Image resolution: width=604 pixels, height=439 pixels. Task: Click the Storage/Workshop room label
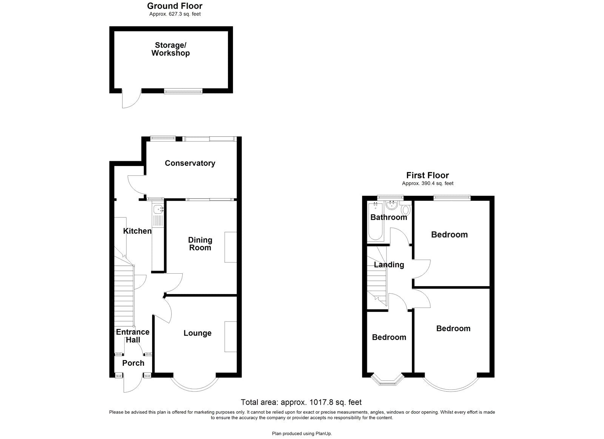coord(170,49)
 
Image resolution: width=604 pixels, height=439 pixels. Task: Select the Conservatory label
coord(190,163)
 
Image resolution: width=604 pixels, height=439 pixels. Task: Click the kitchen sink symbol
coord(158,209)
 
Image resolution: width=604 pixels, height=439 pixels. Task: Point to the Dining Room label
coord(200,244)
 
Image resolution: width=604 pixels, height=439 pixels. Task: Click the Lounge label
coord(197,333)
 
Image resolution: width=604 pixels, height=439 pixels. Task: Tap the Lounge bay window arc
coord(194,387)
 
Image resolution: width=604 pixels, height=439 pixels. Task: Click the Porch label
coord(133,363)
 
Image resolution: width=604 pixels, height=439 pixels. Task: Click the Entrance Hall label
coord(133,336)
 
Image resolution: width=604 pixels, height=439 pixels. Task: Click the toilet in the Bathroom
coord(406,209)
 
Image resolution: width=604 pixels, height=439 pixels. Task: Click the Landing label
coord(389,265)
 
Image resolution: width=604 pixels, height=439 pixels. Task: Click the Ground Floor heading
coord(174,6)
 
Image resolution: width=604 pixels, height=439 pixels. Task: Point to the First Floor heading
coord(427,175)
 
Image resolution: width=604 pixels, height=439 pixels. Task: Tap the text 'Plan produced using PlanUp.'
coord(302,434)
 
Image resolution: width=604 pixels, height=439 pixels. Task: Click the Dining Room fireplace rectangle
coord(231,247)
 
